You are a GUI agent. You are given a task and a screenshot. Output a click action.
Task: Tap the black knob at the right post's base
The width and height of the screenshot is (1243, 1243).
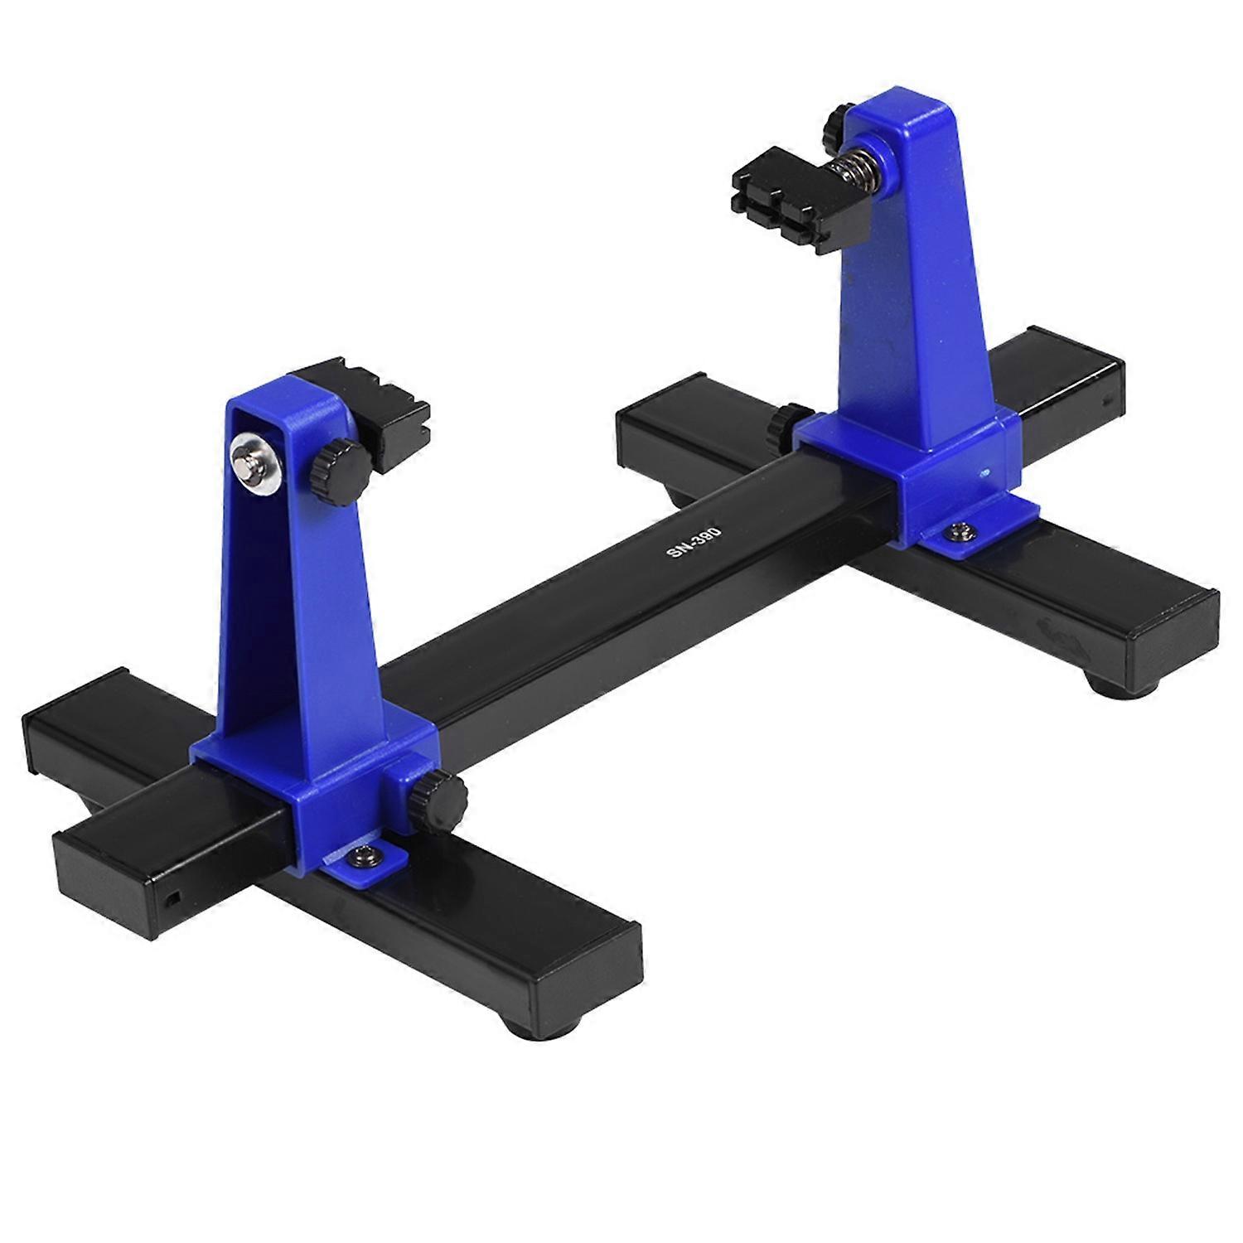[x=782, y=423]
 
